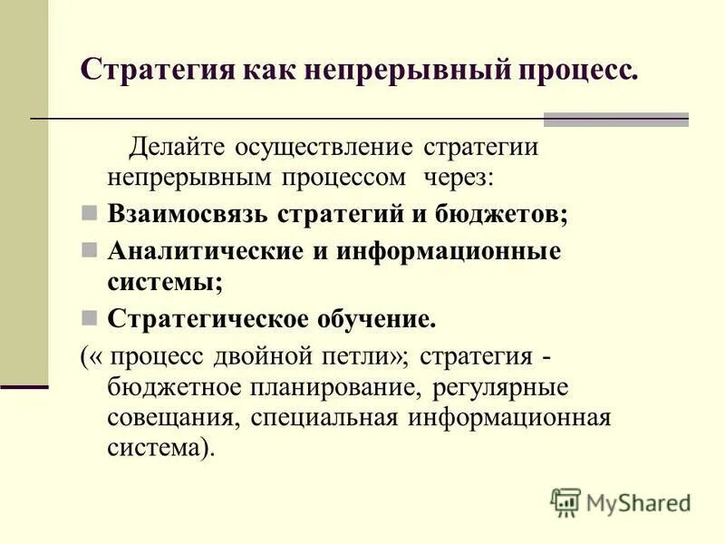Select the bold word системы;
tap(165, 281)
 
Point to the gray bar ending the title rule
tap(615, 119)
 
